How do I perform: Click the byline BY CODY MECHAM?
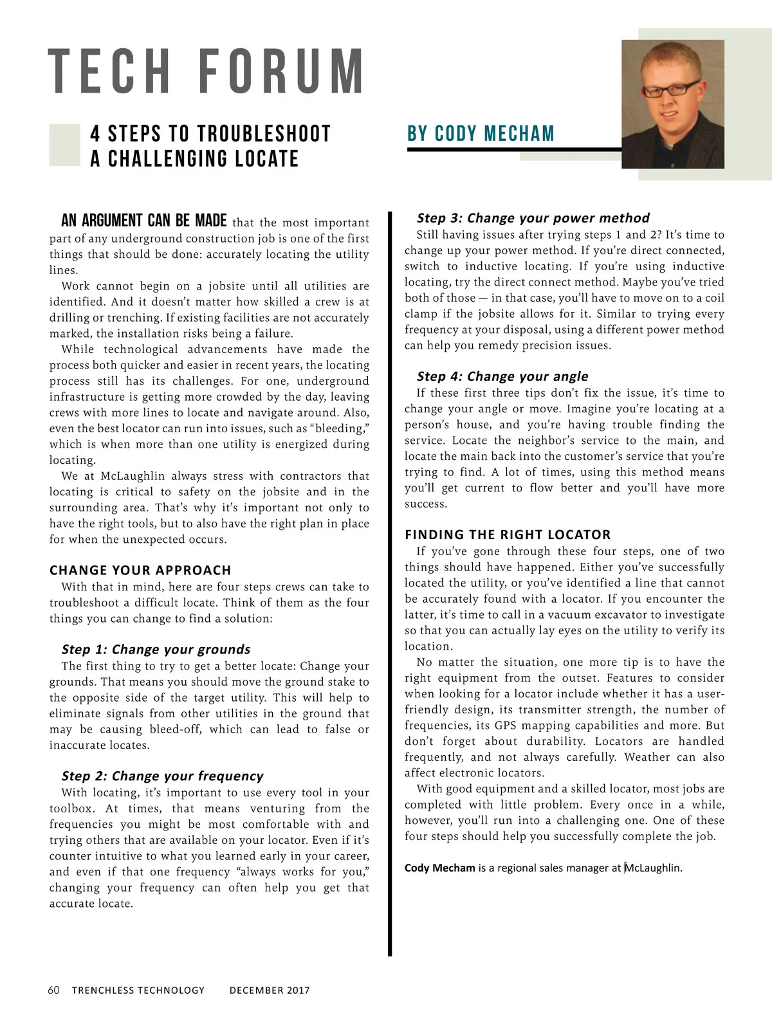click(x=481, y=134)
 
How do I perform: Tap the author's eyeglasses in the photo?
click(x=671, y=89)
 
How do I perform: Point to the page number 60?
click(x=54, y=990)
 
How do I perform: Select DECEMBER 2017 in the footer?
click(x=270, y=991)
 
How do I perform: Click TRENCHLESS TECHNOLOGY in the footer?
click(x=138, y=991)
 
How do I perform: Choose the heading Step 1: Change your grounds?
click(x=156, y=649)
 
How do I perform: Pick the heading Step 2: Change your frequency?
click(x=163, y=776)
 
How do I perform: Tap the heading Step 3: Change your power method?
click(x=533, y=217)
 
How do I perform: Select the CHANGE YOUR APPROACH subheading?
click(x=140, y=570)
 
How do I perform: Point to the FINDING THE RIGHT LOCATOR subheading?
click(x=508, y=535)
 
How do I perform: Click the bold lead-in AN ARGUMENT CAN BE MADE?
click(x=144, y=221)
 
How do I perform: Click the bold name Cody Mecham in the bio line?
click(x=440, y=868)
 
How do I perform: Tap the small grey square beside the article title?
click(x=64, y=145)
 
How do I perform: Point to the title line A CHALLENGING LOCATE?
click(x=194, y=159)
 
